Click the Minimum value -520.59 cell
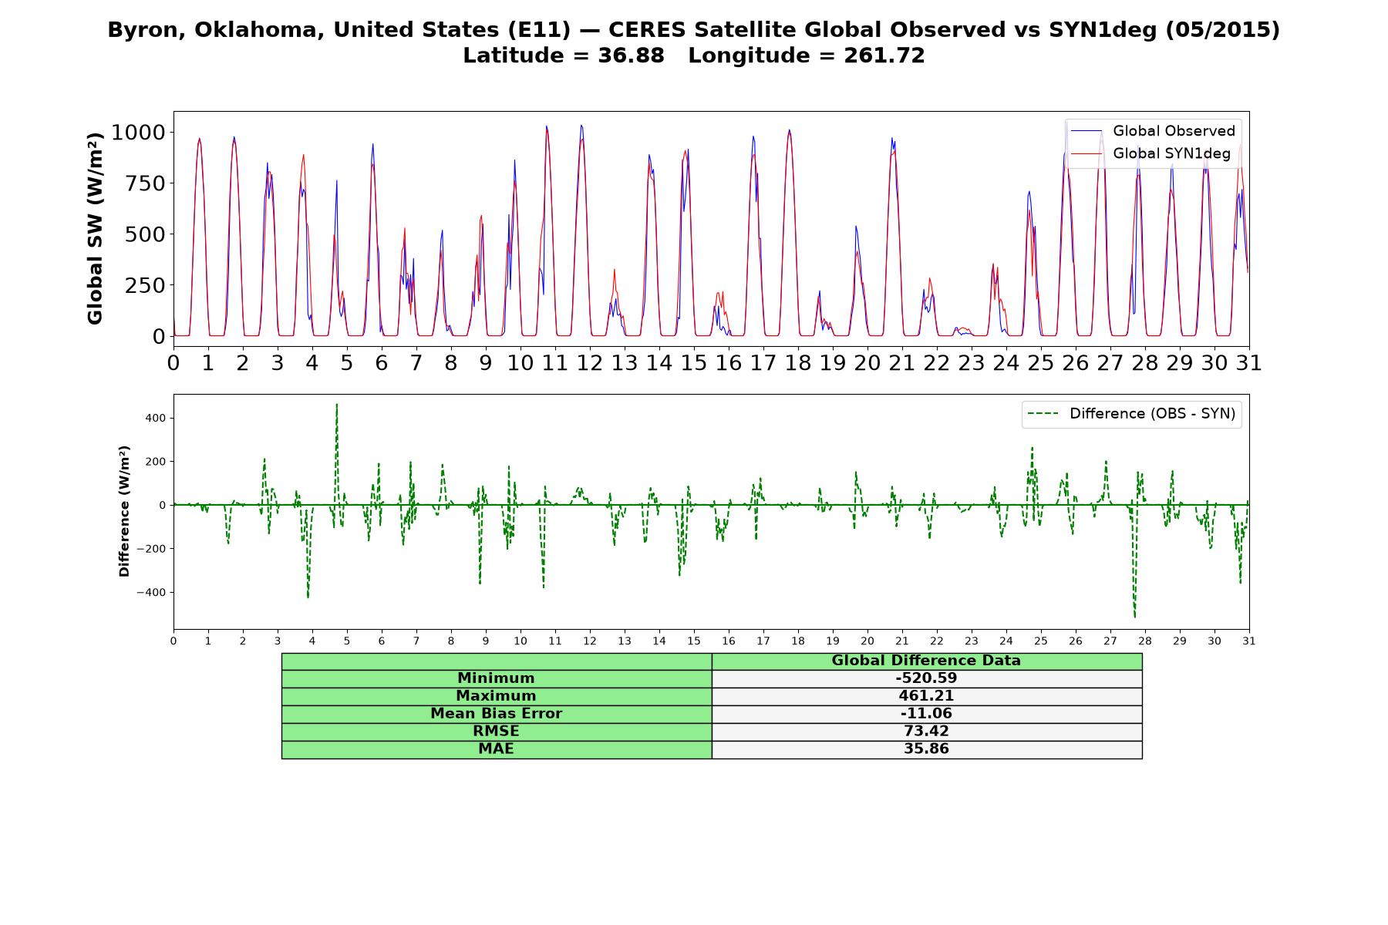click(x=926, y=678)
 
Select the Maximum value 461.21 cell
click(x=926, y=696)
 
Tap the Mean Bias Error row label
click(x=496, y=714)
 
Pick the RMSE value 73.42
click(x=926, y=732)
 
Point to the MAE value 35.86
click(x=926, y=749)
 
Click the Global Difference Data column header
click(x=926, y=661)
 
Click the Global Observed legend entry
click(x=1154, y=131)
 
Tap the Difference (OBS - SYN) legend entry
click(x=1132, y=414)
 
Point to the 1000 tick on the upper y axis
click(x=138, y=133)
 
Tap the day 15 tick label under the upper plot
click(x=694, y=363)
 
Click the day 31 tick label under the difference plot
click(x=1249, y=641)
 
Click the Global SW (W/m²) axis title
click(x=95, y=228)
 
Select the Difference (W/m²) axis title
click(x=124, y=511)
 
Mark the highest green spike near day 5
click(x=336, y=404)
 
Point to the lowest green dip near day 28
click(x=1134, y=617)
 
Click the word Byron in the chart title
click(x=147, y=30)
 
